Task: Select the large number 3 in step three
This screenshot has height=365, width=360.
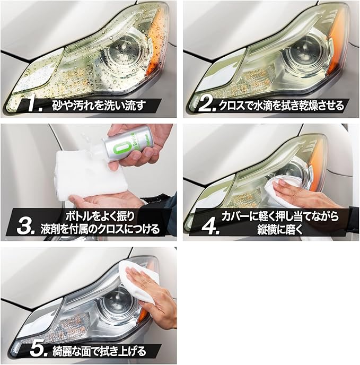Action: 26,227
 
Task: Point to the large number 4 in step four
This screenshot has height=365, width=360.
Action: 210,227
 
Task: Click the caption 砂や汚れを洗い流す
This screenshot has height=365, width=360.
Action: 99,106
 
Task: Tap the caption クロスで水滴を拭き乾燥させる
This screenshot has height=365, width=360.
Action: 282,106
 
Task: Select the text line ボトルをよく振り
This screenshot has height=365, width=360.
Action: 100,216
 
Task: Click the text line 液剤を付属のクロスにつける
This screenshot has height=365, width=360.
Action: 100,229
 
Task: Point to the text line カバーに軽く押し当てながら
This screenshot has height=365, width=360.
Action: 280,216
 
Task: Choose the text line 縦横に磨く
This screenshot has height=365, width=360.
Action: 280,229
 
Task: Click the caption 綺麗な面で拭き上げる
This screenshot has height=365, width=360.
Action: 99,350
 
